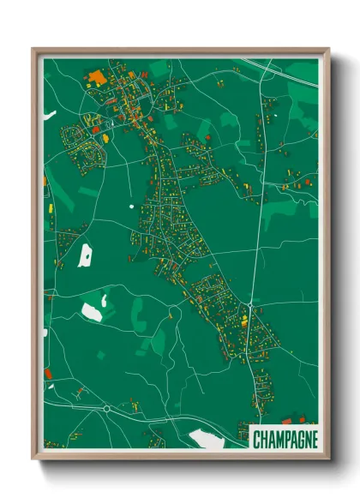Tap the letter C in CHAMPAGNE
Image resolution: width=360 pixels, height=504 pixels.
pyautogui.click(x=256, y=440)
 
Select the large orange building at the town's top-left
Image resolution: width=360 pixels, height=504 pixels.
pyautogui.click(x=97, y=78)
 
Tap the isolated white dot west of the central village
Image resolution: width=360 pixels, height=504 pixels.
pyautogui.click(x=131, y=206)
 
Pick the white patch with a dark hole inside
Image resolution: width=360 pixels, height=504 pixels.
pyautogui.click(x=85, y=255)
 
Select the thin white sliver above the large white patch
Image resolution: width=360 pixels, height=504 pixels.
pyautogui.click(x=105, y=300)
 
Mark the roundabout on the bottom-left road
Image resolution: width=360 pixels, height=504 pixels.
pyautogui.click(x=107, y=409)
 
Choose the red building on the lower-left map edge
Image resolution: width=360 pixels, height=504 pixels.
pyautogui.click(x=49, y=373)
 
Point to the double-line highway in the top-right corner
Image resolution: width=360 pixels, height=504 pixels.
pyautogui.click(x=283, y=71)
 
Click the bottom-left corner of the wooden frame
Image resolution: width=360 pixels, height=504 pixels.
pyautogui.click(x=34, y=458)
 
